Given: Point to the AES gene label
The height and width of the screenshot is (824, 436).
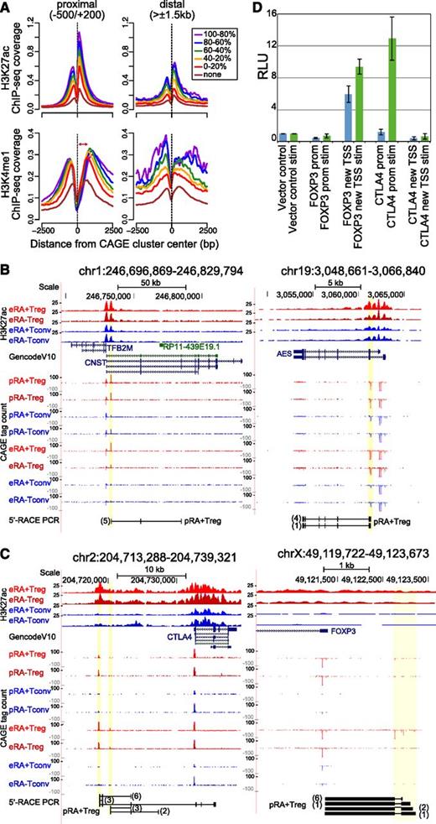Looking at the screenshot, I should pos(283,354).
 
